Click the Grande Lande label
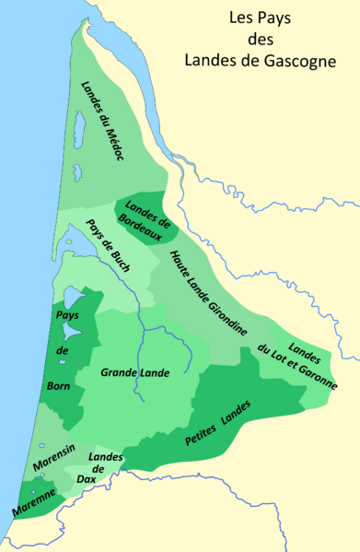137,374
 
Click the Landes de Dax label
106,469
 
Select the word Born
57,386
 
